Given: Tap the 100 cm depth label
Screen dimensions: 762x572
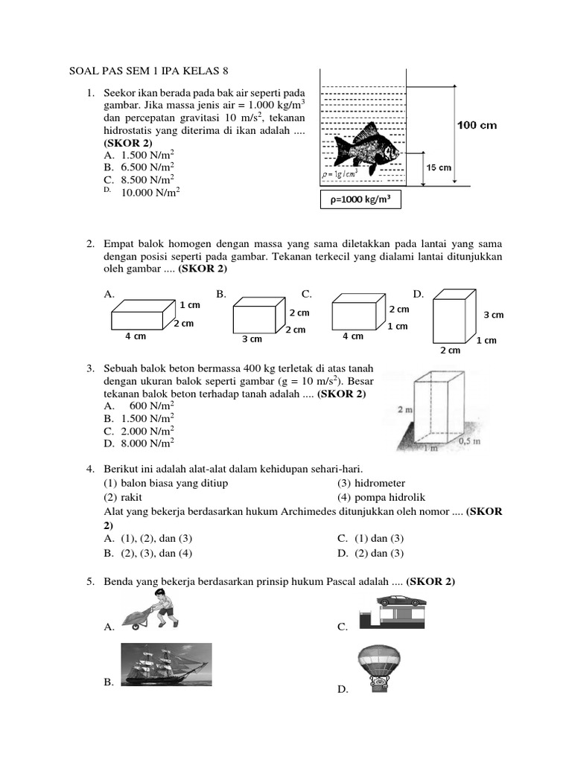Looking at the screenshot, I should pos(476,125).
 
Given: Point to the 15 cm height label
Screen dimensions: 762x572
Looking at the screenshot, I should pos(439,167).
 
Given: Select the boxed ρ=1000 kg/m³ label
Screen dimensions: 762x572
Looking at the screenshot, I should pos(360,199).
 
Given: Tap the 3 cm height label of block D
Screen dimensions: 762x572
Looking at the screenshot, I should pos(493,315).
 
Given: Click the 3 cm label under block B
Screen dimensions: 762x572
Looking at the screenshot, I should pos(252,339).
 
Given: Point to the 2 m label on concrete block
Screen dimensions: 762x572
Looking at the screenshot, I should pos(405,409).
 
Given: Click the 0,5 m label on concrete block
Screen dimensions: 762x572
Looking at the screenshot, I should pos(467,441).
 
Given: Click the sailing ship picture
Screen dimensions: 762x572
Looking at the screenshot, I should pos(165,664).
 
